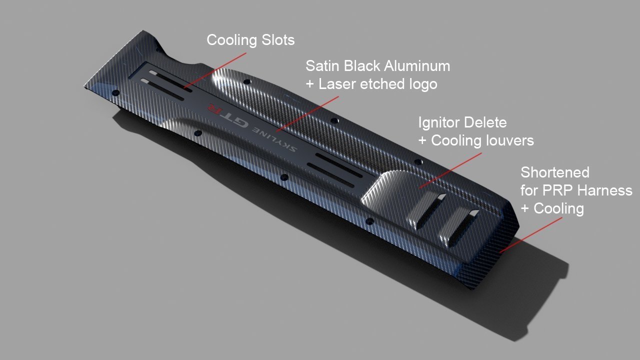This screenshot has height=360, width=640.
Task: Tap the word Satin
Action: (x=322, y=65)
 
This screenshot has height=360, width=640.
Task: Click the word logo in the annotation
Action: (x=421, y=84)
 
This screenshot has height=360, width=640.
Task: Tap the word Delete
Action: (x=486, y=122)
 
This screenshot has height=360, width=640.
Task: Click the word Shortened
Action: (x=555, y=172)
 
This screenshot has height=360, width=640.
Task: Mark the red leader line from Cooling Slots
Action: (x=215, y=70)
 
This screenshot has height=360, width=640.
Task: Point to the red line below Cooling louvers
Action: (x=450, y=170)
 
